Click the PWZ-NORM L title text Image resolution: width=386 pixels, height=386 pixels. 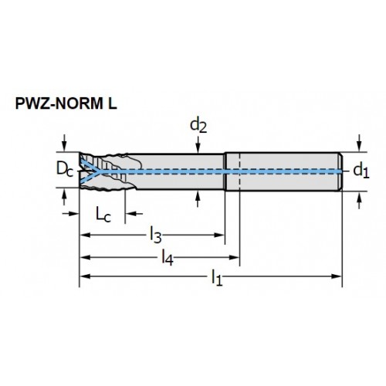(66, 103)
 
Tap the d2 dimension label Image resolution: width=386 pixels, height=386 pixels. (198, 125)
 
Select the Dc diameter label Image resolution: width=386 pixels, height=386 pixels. (65, 170)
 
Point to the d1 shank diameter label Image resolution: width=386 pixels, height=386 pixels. (361, 171)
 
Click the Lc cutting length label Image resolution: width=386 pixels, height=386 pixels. (103, 215)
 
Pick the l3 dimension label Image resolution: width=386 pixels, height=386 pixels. (156, 235)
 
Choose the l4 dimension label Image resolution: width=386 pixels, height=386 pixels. (168, 257)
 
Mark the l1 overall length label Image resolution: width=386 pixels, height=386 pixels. (217, 277)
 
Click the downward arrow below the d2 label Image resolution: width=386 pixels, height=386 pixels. (198, 145)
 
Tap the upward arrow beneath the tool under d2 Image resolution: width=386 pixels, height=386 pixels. (198, 199)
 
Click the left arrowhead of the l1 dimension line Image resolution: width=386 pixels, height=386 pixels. (85, 276)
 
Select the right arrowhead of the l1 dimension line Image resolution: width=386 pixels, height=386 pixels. (337, 276)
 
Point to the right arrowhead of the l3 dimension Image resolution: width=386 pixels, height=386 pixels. (219, 235)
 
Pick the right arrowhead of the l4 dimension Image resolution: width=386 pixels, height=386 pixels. (234, 257)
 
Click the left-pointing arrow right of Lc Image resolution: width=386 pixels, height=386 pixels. (134, 214)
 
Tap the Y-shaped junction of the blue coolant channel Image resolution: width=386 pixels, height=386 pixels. (98, 171)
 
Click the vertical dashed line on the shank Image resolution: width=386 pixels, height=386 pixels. (240, 171)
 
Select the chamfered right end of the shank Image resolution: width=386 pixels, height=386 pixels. (340, 171)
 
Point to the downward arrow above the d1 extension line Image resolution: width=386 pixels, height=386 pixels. (360, 143)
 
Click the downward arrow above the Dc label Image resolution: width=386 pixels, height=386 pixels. (64, 143)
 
